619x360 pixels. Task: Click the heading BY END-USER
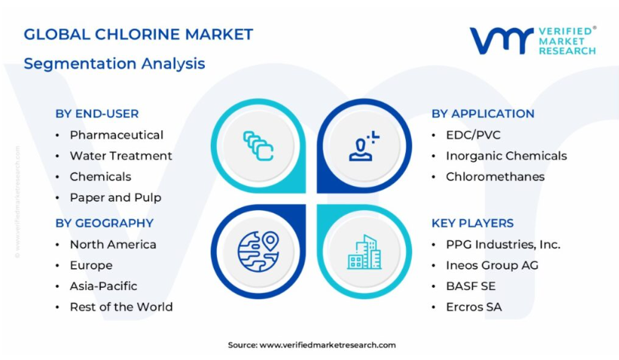click(97, 114)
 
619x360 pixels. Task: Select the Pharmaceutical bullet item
click(117, 135)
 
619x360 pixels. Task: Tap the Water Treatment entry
click(120, 156)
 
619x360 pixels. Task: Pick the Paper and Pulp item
click(116, 197)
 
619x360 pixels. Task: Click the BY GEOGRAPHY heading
click(104, 223)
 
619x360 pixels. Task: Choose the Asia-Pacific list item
click(103, 285)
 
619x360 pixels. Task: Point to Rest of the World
click(121, 307)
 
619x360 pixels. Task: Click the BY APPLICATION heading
click(483, 114)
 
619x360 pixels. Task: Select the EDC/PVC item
click(473, 135)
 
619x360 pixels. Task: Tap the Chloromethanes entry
click(495, 176)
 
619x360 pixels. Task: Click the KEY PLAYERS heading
click(473, 223)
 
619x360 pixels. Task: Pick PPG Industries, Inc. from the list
click(503, 244)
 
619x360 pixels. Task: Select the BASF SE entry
click(471, 285)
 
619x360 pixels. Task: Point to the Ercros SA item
click(474, 307)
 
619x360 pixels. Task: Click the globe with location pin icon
click(258, 252)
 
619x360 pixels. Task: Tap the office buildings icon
click(364, 252)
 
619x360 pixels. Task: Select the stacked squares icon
click(258, 145)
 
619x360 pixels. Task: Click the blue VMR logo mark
click(502, 40)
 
